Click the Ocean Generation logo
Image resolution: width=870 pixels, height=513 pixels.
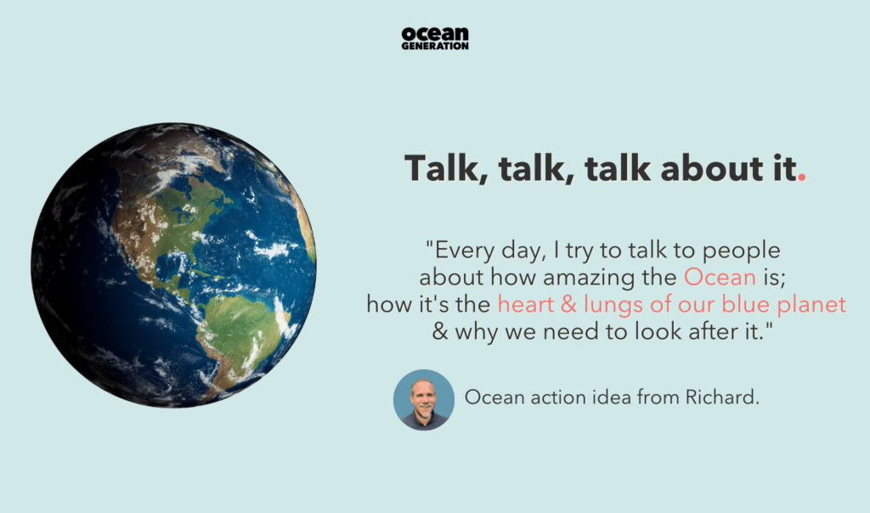pyautogui.click(x=435, y=37)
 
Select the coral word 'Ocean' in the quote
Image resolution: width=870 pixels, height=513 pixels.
pyautogui.click(x=720, y=277)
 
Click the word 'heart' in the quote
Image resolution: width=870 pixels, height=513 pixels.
pyautogui.click(x=527, y=304)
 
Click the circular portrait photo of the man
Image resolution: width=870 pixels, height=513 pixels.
pyautogui.click(x=424, y=399)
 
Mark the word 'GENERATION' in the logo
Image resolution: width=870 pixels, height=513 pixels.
pyautogui.click(x=435, y=46)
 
